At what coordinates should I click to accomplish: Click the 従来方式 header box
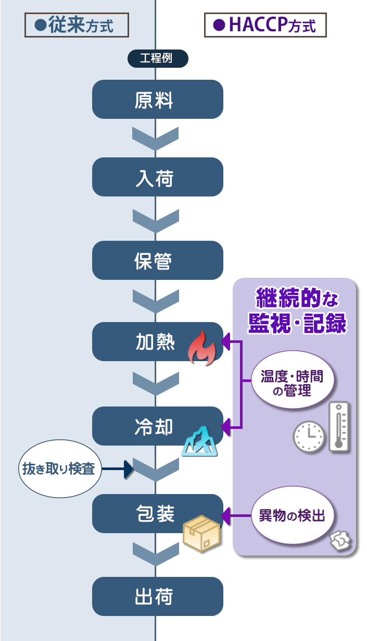click(77, 25)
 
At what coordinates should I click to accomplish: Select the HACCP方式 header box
click(265, 25)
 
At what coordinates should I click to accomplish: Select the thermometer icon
click(339, 426)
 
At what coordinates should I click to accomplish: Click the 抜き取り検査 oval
click(59, 469)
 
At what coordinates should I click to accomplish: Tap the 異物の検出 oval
click(292, 516)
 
